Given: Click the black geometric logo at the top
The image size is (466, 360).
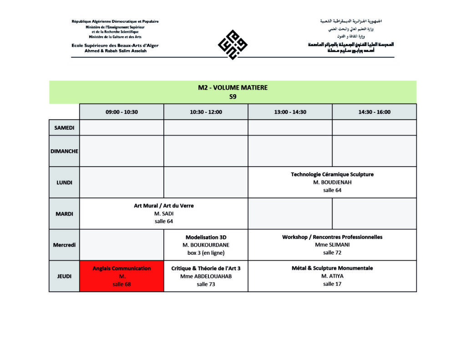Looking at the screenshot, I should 233,45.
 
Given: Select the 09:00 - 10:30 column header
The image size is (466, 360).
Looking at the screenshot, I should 122,112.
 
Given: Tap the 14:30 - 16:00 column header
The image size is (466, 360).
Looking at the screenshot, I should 374,112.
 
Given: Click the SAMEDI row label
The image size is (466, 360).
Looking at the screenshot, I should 64,128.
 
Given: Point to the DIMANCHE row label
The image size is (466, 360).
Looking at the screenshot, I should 64,151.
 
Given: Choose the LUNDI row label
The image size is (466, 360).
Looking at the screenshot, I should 64,183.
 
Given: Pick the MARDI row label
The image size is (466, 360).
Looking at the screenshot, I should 64,213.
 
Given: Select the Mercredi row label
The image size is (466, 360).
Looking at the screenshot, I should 64,245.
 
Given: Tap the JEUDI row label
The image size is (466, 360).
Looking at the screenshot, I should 64,276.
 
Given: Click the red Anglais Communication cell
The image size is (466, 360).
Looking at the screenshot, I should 122,276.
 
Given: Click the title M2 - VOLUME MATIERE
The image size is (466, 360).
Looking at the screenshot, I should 233,88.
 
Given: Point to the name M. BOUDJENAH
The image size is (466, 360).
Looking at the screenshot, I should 332,182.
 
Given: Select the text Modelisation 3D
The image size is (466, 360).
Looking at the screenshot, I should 206,237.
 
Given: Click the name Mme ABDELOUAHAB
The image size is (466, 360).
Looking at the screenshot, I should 206,276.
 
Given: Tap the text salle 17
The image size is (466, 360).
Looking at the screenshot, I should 332,284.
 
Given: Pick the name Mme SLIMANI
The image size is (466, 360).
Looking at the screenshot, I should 332,245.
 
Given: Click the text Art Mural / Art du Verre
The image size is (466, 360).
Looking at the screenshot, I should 163,206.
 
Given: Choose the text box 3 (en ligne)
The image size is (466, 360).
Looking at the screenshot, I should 206,253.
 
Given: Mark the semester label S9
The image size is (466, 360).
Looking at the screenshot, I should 233,96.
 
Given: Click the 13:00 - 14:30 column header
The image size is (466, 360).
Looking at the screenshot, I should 290,112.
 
